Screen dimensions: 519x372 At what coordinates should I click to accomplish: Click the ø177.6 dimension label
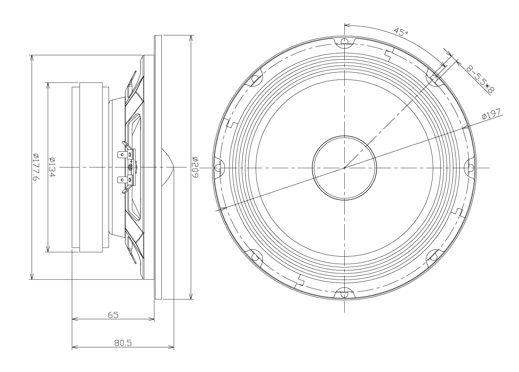click(x=36, y=167)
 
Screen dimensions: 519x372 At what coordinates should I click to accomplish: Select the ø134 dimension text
click(x=52, y=167)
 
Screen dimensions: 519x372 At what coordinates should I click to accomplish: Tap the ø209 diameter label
click(x=195, y=167)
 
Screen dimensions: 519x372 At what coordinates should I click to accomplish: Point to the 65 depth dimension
click(x=113, y=315)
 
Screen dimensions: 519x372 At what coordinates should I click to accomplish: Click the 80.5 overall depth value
click(x=123, y=343)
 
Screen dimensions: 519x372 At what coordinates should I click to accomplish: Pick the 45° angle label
click(x=401, y=32)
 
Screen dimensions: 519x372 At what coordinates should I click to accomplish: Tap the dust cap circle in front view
click(x=344, y=168)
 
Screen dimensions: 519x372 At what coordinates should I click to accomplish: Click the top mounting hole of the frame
click(x=345, y=41)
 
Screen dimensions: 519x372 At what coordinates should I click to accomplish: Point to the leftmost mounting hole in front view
click(x=218, y=168)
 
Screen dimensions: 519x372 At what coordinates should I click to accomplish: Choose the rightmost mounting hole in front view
click(x=471, y=168)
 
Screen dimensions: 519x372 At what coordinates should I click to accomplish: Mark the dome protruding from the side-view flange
click(x=168, y=167)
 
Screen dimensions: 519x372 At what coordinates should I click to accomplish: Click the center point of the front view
click(x=345, y=168)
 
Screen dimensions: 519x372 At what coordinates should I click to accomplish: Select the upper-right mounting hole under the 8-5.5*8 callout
click(x=434, y=78)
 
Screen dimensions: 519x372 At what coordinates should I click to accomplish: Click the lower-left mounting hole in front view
click(x=255, y=257)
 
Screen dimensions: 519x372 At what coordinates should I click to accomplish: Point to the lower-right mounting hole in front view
click(x=434, y=257)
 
